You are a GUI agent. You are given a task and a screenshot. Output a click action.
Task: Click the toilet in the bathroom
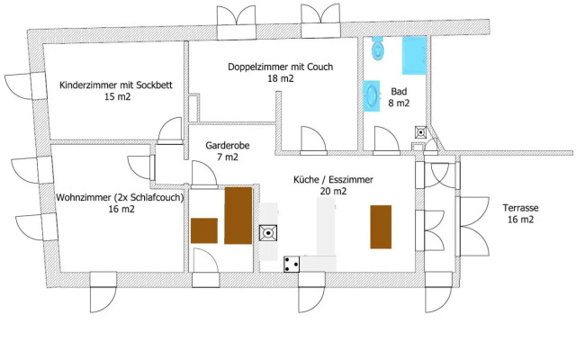point(378,49)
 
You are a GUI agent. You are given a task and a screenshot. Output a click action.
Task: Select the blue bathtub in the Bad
point(415,56)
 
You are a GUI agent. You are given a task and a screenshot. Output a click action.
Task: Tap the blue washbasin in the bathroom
point(371,95)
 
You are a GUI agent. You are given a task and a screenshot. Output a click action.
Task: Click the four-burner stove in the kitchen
point(292,264)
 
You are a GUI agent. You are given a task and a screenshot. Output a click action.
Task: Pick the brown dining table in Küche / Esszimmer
point(381,227)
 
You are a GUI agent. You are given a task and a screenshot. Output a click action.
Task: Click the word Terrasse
point(521,207)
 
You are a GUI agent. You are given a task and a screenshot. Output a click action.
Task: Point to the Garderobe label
point(221,144)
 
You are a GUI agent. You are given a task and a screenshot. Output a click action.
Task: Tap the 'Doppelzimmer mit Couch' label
point(280,67)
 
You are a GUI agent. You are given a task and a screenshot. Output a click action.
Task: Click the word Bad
point(398,91)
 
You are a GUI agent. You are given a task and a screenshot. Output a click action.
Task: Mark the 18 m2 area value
point(280,79)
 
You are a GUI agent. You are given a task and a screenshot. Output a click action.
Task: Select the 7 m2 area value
point(221,157)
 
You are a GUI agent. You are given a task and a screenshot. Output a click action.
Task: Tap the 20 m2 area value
point(333,191)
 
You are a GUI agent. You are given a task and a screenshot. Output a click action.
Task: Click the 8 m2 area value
point(399,103)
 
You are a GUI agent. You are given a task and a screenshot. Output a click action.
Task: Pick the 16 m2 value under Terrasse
point(520,219)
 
